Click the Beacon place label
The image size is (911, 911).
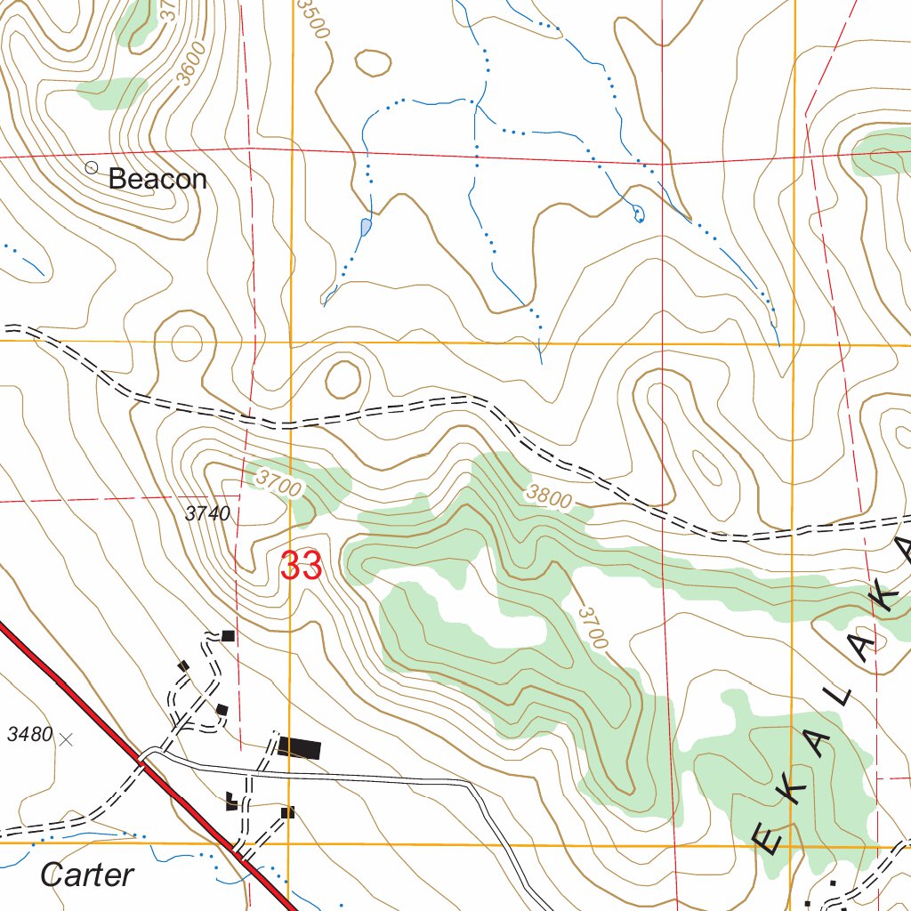(157, 179)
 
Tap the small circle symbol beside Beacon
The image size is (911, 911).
(91, 167)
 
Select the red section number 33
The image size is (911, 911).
(301, 567)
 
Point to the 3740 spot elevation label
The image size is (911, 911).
(208, 513)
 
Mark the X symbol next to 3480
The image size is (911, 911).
(66, 738)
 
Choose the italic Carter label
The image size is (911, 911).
(87, 875)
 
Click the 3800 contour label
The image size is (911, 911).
(548, 496)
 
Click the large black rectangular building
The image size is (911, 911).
(299, 747)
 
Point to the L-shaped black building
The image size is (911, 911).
(232, 802)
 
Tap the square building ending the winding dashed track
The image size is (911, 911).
(228, 635)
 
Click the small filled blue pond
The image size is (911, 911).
(366, 227)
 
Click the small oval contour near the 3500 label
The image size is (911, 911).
(372, 63)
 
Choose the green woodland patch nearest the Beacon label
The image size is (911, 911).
(113, 93)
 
